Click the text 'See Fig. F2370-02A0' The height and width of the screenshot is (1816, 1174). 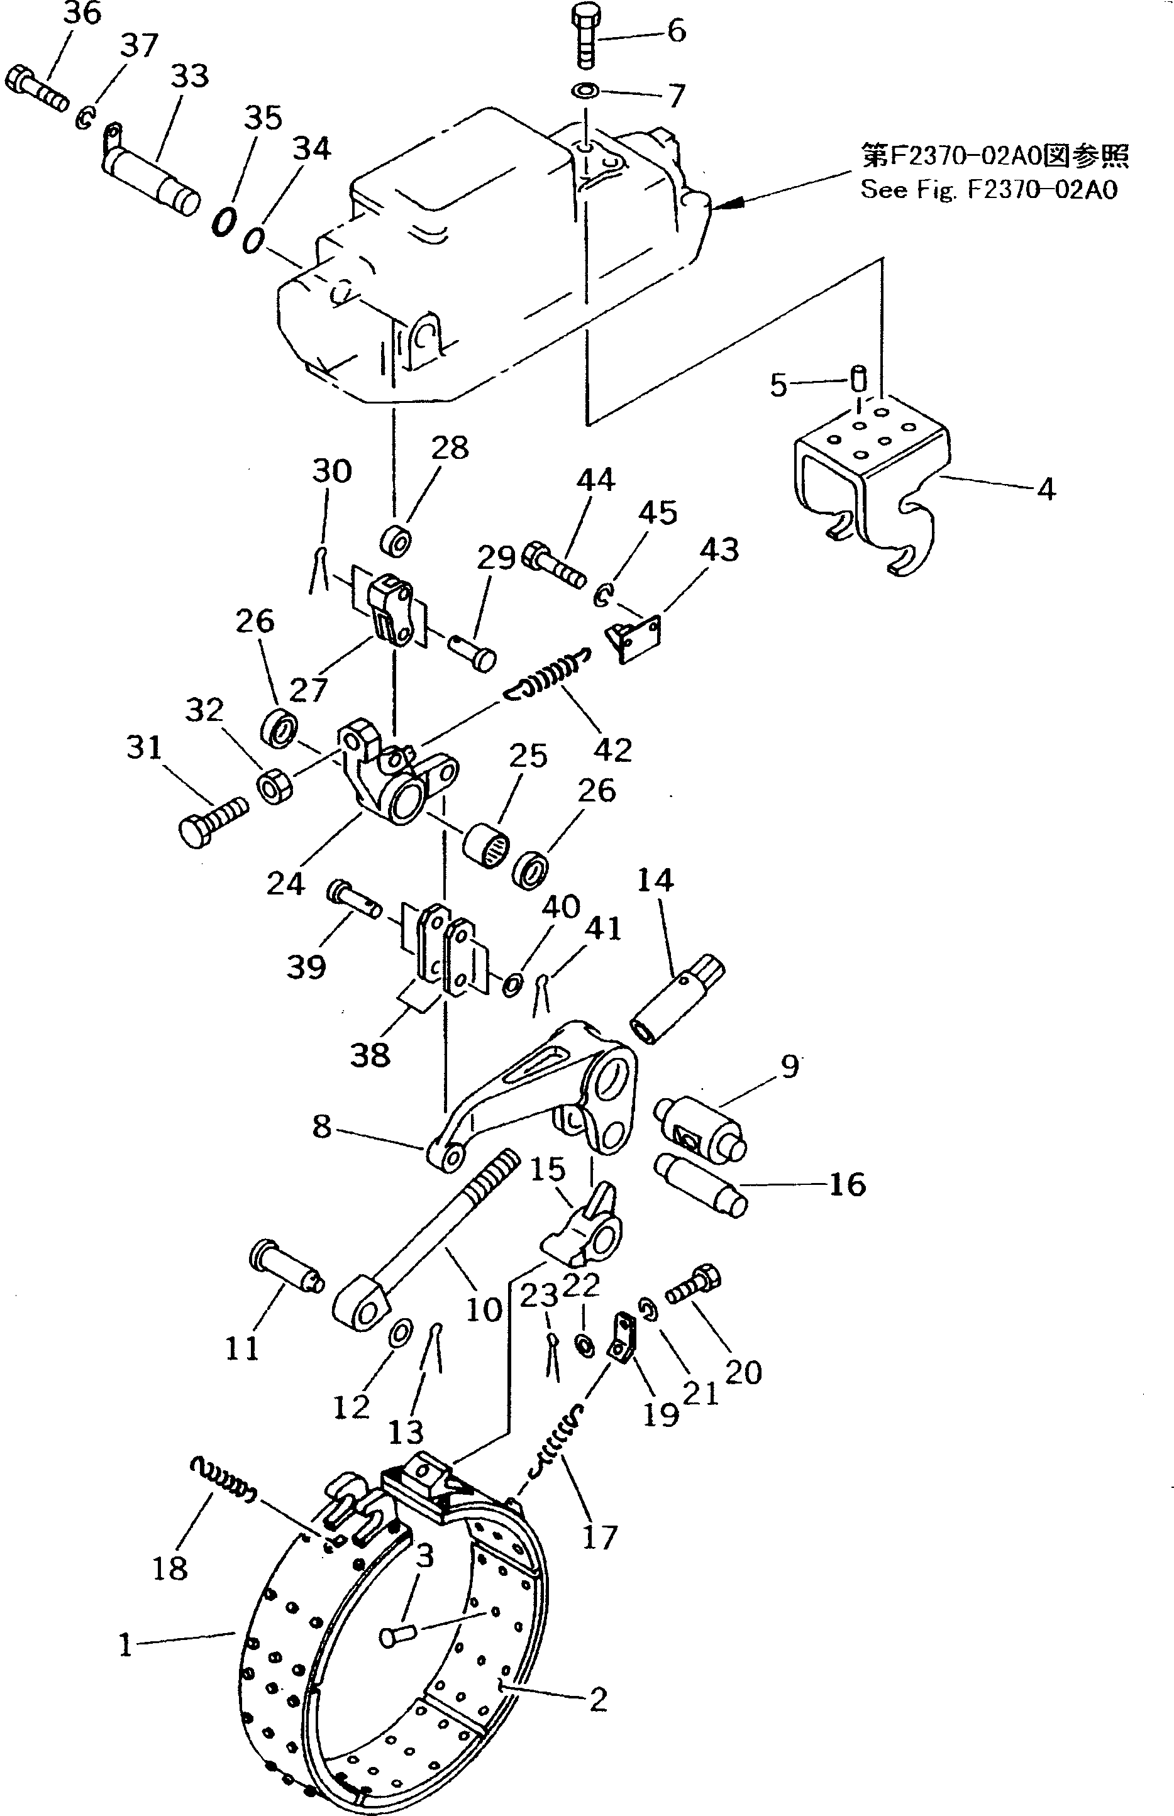988,189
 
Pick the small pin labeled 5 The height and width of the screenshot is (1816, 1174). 858,377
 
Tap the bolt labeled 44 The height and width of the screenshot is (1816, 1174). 554,564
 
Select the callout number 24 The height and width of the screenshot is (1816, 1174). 285,884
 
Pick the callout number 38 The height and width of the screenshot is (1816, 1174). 370,1055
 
